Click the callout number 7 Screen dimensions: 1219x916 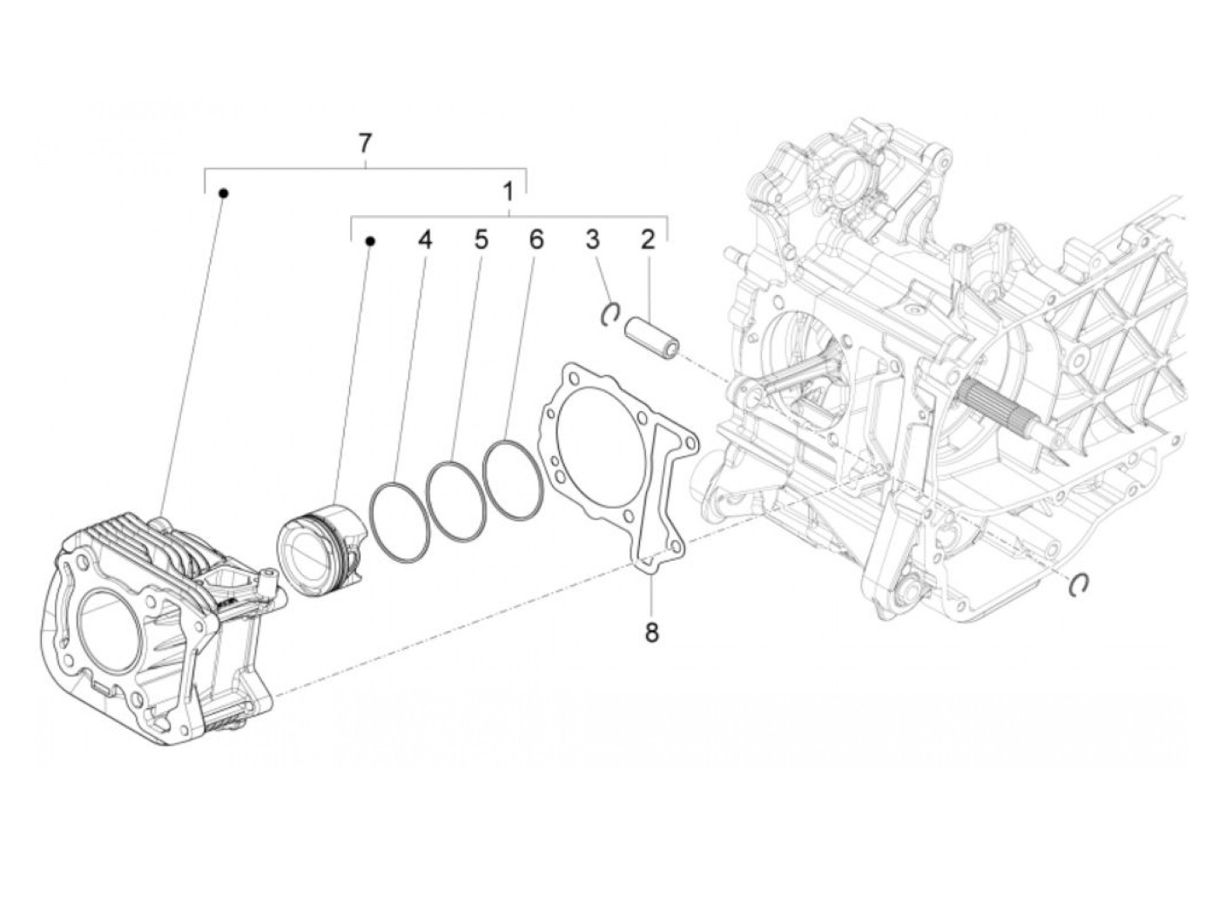tap(366, 142)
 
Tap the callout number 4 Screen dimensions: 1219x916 tap(424, 239)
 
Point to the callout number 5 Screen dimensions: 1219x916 tap(481, 239)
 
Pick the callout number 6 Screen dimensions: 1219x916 tap(535, 239)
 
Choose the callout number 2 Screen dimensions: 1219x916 tap(647, 239)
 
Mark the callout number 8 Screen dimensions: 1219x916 tap(651, 631)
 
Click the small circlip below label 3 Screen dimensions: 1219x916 tap(611, 314)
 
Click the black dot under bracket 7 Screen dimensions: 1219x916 tap(223, 193)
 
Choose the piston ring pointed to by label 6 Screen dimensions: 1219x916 tap(513, 479)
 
